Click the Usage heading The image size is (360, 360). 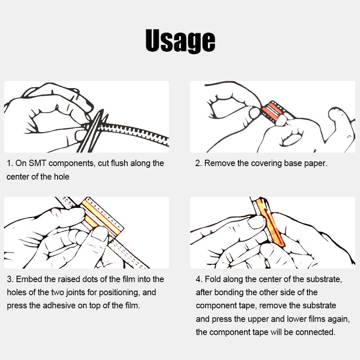180,40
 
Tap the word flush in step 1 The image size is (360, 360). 119,163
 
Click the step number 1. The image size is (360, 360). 9,163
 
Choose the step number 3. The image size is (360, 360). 10,279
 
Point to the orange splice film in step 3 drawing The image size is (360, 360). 101,216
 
